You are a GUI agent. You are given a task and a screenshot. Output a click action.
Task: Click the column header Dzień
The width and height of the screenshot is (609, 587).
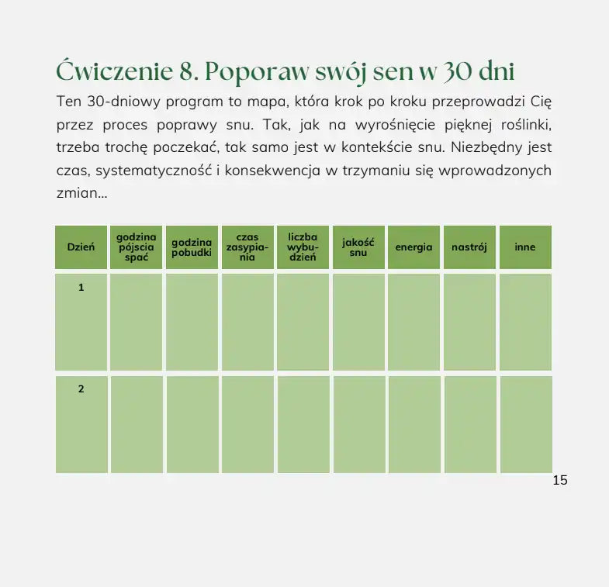81,247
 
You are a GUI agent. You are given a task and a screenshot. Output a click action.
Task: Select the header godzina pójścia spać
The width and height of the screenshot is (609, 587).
137,247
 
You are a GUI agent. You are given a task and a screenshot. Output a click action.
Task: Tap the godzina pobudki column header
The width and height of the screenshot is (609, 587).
192,247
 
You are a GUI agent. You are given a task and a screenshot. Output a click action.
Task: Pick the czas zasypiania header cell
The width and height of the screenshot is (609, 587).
247,247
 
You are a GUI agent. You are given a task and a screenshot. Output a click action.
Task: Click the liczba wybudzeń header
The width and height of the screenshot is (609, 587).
303,247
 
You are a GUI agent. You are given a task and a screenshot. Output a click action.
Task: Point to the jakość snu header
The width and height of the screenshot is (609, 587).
358,247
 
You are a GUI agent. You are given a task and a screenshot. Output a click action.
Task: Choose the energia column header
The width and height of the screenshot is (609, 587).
413,247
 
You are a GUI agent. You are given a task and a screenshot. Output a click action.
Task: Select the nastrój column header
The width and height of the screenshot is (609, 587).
469,247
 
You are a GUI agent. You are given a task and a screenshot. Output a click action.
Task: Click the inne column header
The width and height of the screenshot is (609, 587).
525,247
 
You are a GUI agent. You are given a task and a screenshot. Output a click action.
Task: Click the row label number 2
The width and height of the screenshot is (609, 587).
81,389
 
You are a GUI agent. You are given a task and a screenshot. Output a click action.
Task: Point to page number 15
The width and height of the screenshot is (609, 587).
560,480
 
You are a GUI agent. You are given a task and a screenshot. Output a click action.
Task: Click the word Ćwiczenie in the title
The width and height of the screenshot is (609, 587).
114,71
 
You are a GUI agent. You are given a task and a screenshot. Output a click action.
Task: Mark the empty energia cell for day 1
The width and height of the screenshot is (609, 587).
413,322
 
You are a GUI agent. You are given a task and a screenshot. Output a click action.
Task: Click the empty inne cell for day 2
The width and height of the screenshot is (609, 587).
525,424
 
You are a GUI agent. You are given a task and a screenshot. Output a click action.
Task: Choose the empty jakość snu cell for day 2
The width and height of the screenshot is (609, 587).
358,424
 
